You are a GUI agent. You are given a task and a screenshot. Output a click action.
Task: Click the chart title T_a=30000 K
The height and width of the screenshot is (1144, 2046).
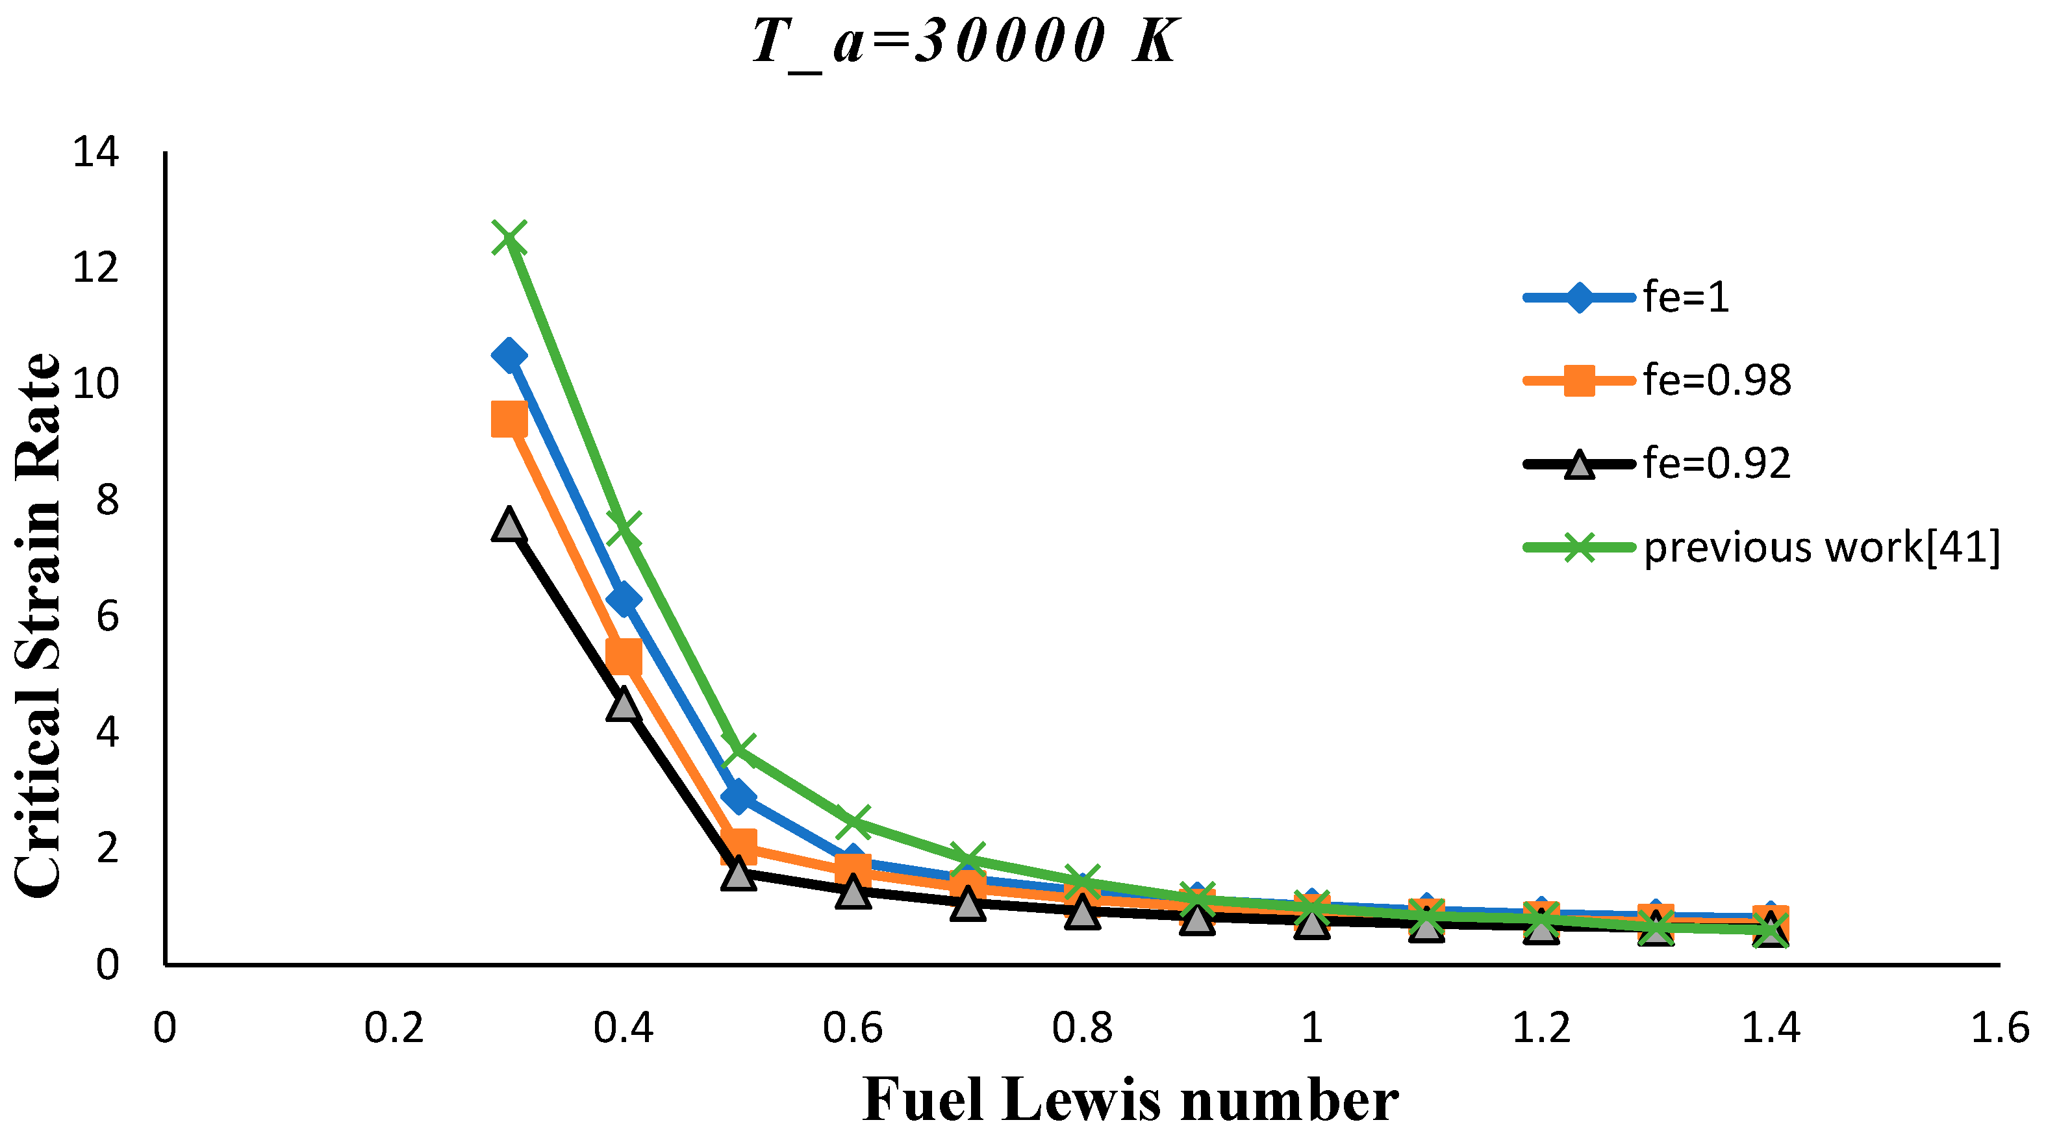965,42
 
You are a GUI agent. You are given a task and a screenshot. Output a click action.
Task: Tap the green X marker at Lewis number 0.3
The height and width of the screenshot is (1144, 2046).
509,238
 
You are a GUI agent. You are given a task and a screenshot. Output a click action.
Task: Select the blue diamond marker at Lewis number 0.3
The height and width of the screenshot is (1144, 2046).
509,355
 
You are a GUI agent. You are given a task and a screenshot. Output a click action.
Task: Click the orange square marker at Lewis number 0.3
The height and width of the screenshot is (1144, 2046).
509,419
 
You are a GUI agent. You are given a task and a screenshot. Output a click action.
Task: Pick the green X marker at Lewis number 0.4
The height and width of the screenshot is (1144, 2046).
624,527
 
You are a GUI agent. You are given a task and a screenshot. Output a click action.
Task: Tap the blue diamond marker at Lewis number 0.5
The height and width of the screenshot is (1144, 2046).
739,796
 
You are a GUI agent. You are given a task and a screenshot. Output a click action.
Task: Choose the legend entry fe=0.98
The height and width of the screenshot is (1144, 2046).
1715,380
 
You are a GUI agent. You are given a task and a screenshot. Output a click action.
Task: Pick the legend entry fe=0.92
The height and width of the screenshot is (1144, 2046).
1715,464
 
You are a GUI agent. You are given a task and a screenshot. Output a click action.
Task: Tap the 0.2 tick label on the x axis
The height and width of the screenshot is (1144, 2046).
394,1028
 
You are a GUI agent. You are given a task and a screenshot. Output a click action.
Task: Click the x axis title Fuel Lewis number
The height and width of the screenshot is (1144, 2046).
1130,1100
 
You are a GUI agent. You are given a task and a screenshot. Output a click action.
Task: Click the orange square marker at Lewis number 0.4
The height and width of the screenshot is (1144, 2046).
624,656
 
